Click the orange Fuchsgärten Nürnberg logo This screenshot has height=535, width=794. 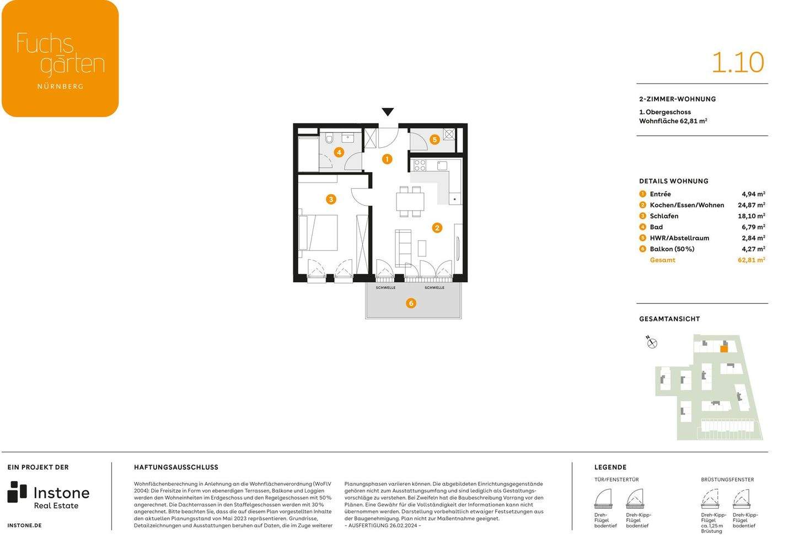60,58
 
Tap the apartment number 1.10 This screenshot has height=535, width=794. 737,62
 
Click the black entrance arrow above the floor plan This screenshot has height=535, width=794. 388,112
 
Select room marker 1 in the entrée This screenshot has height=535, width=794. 387,159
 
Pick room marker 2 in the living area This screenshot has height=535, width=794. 437,228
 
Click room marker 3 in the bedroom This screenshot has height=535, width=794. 331,199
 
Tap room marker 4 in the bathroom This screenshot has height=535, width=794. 339,152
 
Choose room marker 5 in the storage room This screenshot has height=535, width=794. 434,140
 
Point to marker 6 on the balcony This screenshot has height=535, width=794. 411,303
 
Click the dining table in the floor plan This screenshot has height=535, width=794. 410,201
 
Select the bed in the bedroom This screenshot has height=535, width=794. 318,233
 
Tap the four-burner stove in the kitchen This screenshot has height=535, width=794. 420,165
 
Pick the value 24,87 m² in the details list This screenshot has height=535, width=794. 751,205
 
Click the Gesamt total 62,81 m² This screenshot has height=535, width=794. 751,260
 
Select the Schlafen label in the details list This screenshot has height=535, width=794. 664,216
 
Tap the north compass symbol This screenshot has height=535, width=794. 652,343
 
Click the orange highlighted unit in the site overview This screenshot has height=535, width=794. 724,348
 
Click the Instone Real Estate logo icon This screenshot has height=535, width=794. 17,492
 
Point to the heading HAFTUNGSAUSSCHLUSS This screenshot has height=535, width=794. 176,467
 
